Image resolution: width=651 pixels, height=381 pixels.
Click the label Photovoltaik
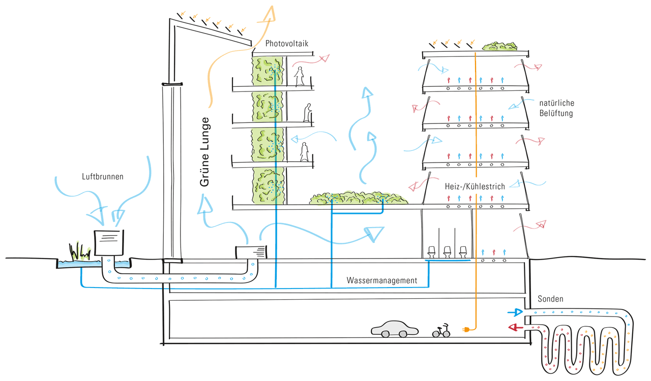[287, 44]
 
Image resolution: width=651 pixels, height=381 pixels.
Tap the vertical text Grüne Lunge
[205, 152]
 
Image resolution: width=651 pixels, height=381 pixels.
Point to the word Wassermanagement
[382, 280]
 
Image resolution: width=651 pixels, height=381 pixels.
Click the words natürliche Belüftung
[557, 108]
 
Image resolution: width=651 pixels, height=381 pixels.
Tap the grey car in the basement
[395, 329]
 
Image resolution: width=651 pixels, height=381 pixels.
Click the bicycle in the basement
[441, 331]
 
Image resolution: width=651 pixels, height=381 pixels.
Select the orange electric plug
[465, 331]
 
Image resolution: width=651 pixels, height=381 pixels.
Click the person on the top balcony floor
[299, 77]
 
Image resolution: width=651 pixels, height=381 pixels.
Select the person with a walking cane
[307, 113]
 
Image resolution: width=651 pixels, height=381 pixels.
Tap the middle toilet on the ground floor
[448, 251]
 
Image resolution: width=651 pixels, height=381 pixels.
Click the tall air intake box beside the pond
[109, 243]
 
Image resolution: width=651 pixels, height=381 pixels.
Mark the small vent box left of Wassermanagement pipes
[251, 252]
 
